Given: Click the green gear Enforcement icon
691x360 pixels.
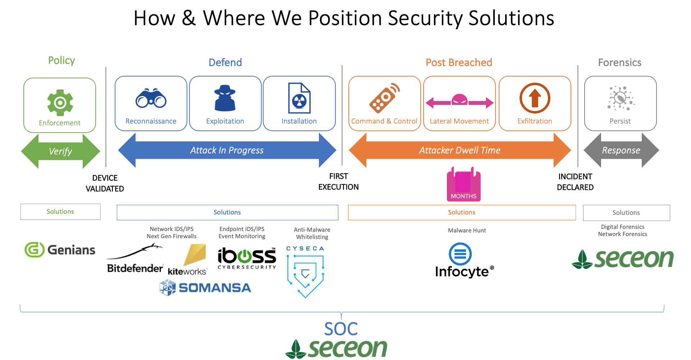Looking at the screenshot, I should point(60,102).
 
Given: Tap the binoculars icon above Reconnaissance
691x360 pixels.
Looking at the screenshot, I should point(151,98).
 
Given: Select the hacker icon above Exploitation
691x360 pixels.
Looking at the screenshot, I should point(225,98).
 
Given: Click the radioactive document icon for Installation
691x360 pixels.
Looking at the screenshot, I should point(299,98).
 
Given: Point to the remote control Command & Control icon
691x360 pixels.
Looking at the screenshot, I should point(384,98).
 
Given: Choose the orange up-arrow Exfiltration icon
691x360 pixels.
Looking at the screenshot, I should point(535,98).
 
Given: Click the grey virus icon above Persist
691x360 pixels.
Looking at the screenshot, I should point(621,98).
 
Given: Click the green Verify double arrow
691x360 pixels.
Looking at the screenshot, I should point(60,151).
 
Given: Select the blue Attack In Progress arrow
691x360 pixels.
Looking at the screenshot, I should point(227,150).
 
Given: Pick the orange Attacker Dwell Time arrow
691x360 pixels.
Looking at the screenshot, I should point(459,150).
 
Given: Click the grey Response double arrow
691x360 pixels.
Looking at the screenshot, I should point(621,150).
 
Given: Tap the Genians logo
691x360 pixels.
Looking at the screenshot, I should point(60,250).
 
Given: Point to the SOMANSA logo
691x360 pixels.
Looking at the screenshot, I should point(205,288).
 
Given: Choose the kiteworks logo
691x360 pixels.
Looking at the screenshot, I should point(188,260).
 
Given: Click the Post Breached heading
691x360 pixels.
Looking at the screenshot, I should point(459,63).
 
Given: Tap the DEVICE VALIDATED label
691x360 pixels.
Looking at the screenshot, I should point(105,183).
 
